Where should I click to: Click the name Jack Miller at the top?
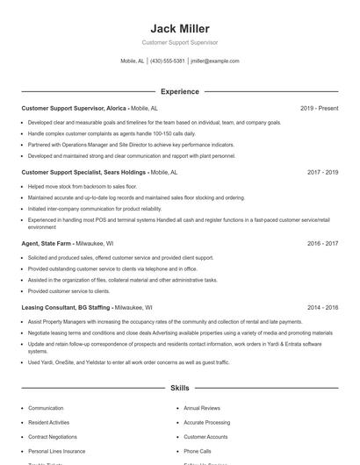[x=179, y=28]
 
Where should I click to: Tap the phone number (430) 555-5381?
[x=167, y=61]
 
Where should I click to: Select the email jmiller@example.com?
[x=214, y=61]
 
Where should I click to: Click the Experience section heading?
[x=179, y=91]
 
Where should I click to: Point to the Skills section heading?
[x=179, y=387]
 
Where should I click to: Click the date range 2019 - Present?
[x=319, y=109]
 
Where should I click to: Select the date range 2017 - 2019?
[x=322, y=173]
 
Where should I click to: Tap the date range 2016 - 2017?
[x=322, y=243]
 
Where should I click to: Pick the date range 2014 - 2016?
[x=322, y=308]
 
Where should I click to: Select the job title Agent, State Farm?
[x=48, y=243]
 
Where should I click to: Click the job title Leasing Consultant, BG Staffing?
[x=66, y=308]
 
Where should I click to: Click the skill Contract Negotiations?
[x=52, y=436]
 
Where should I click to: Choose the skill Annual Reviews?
[x=201, y=408]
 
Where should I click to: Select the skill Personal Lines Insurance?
[x=56, y=450]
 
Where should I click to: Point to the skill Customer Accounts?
[x=205, y=436]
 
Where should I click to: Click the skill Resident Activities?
[x=48, y=422]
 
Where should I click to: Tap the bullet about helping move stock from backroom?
[x=82, y=186]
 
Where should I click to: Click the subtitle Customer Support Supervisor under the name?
[x=179, y=42]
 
